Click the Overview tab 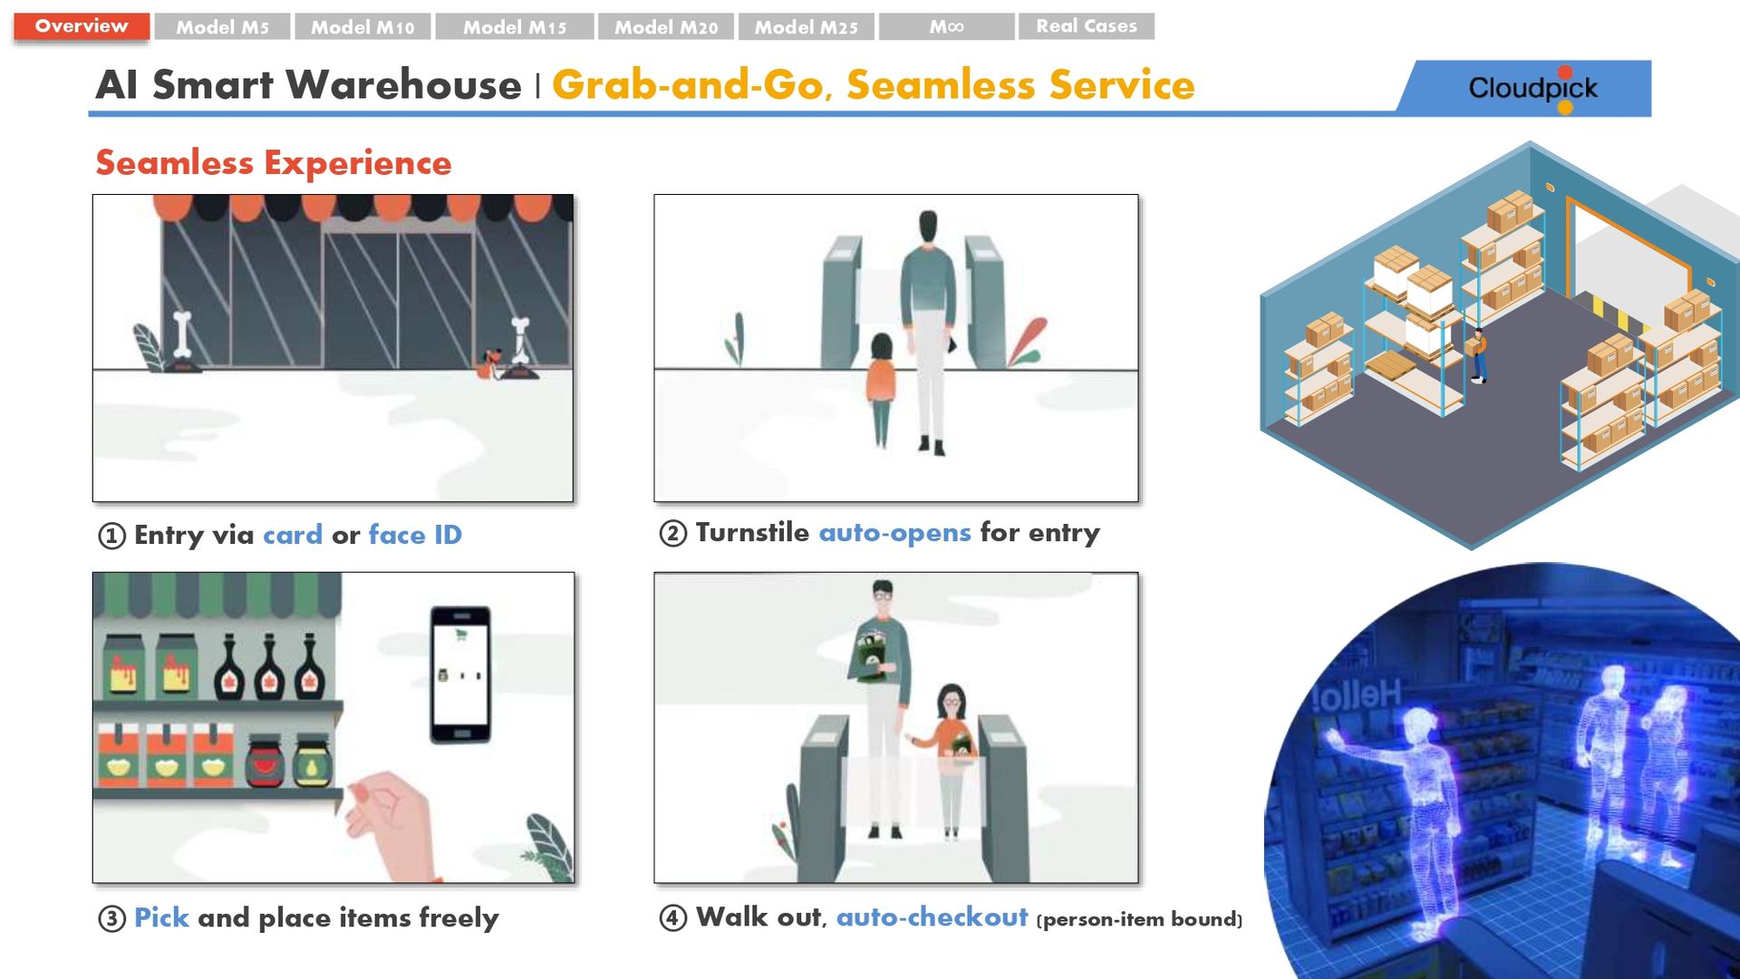tap(82, 26)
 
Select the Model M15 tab tap(515, 27)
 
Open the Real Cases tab tap(1087, 26)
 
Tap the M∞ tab tap(946, 27)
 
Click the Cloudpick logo tap(1532, 88)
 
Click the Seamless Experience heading tap(274, 163)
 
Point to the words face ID tap(415, 535)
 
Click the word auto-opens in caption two tap(894, 533)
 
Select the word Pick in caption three tap(161, 917)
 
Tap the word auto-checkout tap(932, 917)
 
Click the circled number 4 tap(672, 918)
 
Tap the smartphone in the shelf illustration tap(460, 674)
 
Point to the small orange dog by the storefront tap(489, 363)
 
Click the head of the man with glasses tap(882, 595)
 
